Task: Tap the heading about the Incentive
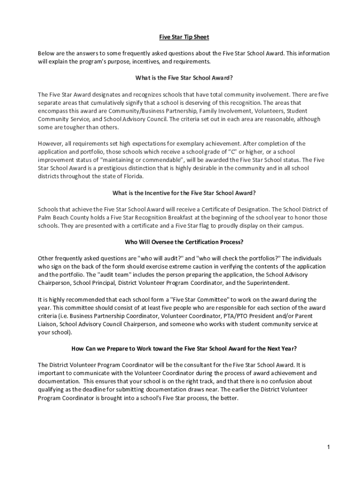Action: [184, 193]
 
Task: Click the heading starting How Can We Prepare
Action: [184, 348]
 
